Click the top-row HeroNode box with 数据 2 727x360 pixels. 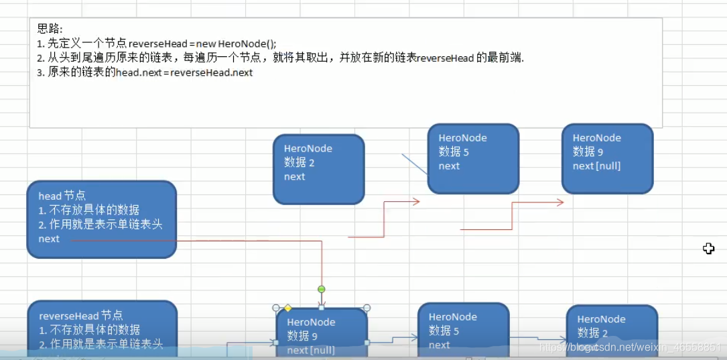coord(318,169)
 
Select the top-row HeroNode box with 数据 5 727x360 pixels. coord(473,159)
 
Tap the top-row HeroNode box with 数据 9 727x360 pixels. coord(607,159)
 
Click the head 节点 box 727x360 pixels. coord(101,219)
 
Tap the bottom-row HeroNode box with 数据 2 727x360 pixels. coord(611,331)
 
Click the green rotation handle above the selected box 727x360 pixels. coord(322,290)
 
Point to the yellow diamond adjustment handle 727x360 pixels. coord(287,308)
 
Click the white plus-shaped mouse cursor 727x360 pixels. coord(708,249)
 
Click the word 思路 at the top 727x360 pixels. coord(50,29)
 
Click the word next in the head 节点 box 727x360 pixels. coord(49,239)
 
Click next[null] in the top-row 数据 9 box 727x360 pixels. coord(596,166)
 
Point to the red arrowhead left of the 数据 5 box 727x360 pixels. coord(415,201)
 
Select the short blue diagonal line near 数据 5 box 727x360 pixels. coord(415,164)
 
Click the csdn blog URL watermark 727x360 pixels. coord(630,347)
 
